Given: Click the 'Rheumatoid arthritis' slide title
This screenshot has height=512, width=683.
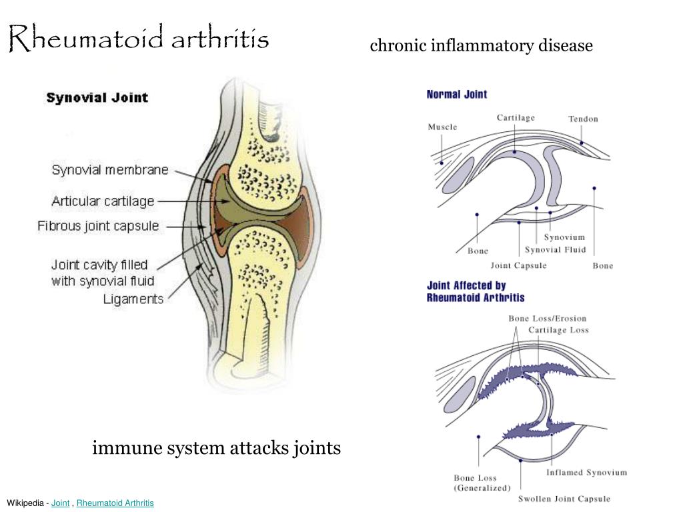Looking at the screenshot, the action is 139,38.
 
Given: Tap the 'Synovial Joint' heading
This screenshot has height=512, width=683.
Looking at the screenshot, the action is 97,97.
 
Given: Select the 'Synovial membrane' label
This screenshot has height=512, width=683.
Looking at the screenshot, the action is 110,169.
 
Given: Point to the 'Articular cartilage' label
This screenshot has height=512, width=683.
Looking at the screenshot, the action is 103,201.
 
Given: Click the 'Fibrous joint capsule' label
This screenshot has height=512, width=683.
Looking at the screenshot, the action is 98,226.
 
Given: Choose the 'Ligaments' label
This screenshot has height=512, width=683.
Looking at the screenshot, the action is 133,299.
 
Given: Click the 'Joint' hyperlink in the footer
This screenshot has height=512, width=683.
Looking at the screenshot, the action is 60,503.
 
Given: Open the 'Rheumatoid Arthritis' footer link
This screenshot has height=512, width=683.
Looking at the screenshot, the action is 115,503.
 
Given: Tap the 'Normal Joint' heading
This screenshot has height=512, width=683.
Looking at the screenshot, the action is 457,95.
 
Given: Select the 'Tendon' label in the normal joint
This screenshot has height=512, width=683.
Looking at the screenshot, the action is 583,119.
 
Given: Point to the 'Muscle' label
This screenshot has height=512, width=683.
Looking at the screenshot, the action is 443,127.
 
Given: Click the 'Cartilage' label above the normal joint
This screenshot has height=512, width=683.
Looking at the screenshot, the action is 516,118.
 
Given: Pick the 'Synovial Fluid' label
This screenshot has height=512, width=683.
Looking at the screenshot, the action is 556,249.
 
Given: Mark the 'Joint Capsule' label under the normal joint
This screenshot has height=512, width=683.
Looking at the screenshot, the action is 518,265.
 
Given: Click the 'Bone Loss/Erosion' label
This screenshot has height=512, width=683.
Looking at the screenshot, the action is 548,318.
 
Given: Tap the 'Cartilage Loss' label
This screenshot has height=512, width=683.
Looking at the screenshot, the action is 559,330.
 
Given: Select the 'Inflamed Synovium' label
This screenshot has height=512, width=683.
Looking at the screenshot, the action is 587,473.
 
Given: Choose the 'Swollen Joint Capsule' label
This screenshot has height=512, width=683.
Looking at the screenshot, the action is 564,499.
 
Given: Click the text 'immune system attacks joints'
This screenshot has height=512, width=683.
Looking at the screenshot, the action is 217,448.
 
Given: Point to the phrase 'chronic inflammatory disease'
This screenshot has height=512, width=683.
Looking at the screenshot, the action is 482,45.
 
